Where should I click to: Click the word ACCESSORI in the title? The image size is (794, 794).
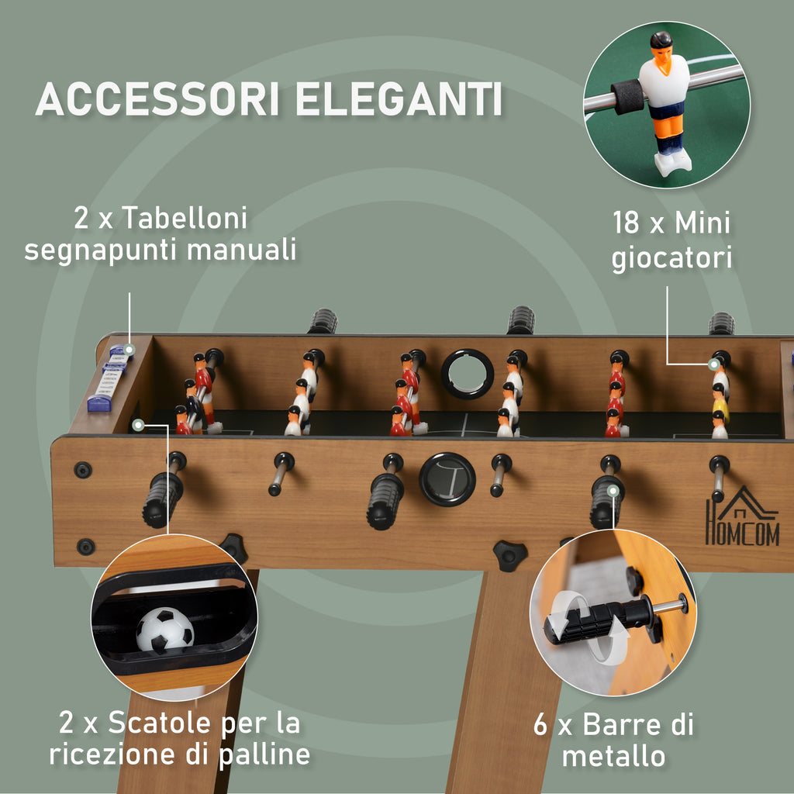157,98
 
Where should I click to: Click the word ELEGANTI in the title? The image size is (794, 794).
399,98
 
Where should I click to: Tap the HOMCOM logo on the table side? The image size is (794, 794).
742,516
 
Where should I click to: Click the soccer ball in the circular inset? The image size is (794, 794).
165,630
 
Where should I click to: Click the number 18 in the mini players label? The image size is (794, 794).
626,223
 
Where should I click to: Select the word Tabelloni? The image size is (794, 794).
185,218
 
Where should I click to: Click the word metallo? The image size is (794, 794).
613,757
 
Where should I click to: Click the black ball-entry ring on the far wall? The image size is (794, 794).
468,374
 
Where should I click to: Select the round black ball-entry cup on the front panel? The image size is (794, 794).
447,479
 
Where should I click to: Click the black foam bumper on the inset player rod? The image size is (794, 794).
627,95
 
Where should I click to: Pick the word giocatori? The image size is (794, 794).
672,257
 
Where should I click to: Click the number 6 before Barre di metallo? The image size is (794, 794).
540,725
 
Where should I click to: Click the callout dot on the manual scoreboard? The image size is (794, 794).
129,350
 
